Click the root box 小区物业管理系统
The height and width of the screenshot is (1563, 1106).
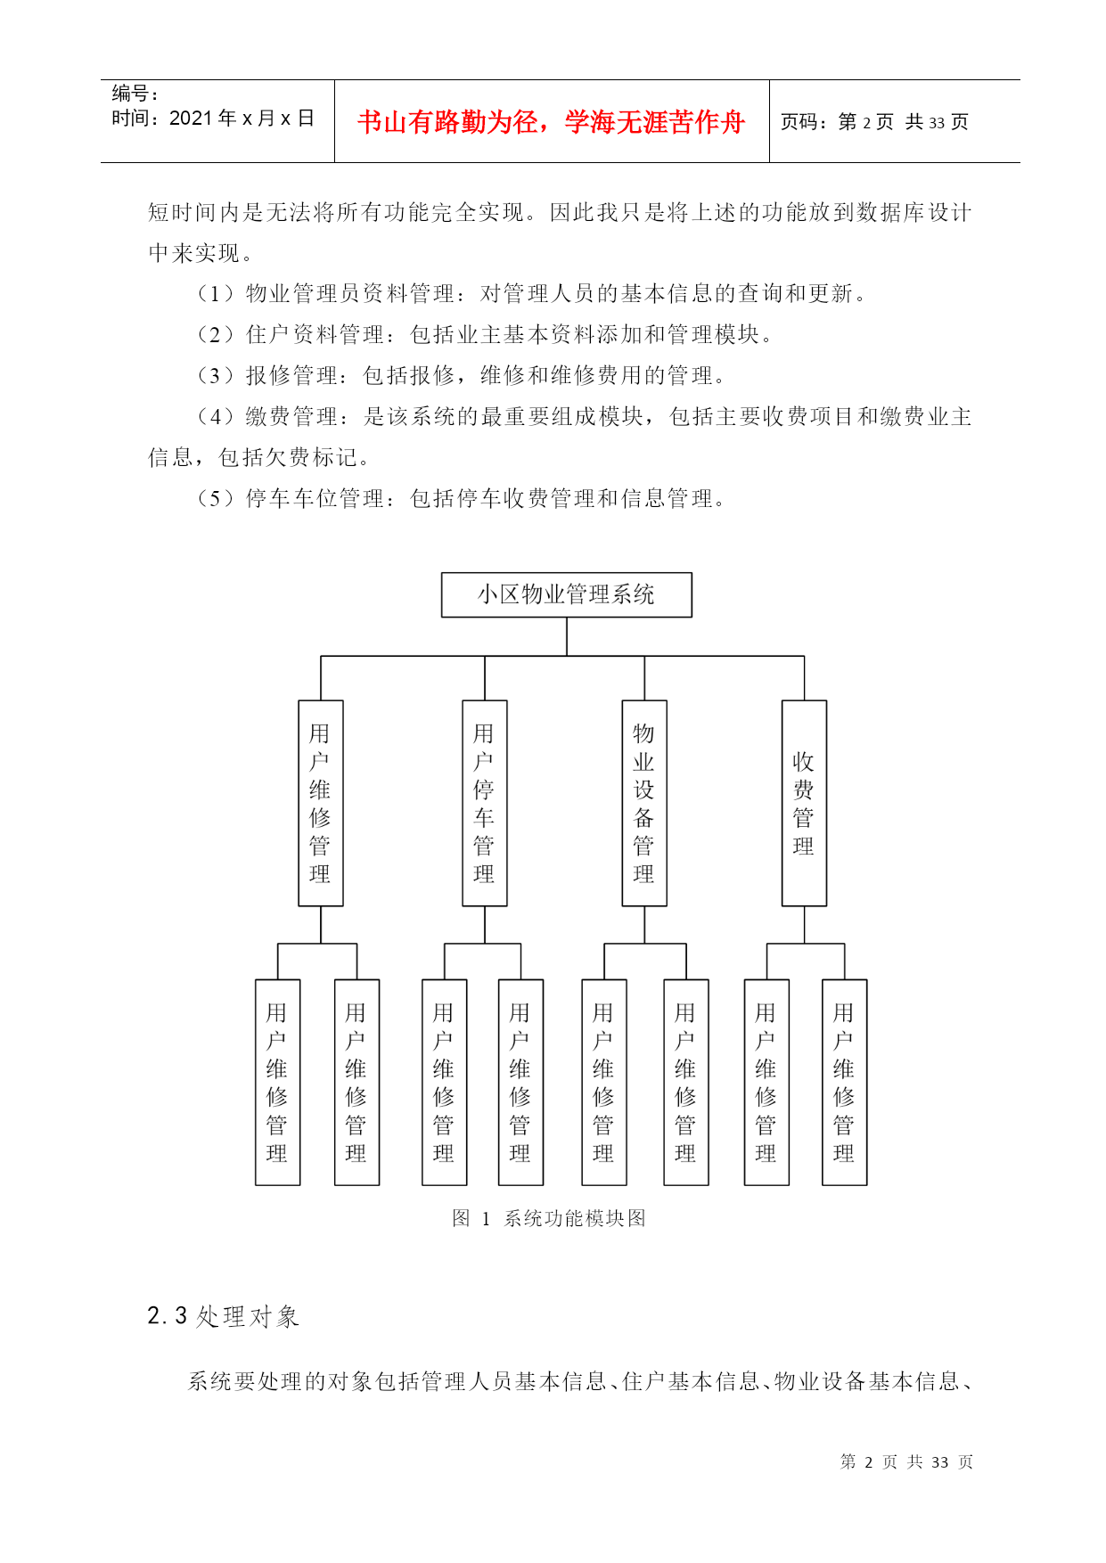pos(566,594)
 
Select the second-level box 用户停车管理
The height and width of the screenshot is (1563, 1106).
pos(484,803)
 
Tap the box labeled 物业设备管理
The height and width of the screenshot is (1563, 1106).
pos(643,803)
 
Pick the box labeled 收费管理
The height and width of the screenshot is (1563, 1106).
pos(804,803)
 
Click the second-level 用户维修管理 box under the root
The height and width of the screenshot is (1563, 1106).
pos(320,803)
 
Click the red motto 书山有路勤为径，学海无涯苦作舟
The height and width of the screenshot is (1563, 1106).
pos(551,122)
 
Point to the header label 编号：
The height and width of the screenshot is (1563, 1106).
pos(135,93)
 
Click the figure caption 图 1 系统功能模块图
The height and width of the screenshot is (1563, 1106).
pos(548,1218)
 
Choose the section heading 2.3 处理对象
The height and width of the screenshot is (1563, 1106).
pos(223,1316)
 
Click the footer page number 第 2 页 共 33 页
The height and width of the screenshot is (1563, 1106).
pos(906,1461)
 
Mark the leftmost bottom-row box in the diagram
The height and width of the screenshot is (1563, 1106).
pos(277,1083)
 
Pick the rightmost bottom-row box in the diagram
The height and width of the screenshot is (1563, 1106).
pos(844,1083)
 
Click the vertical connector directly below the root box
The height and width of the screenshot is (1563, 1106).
pos(567,636)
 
